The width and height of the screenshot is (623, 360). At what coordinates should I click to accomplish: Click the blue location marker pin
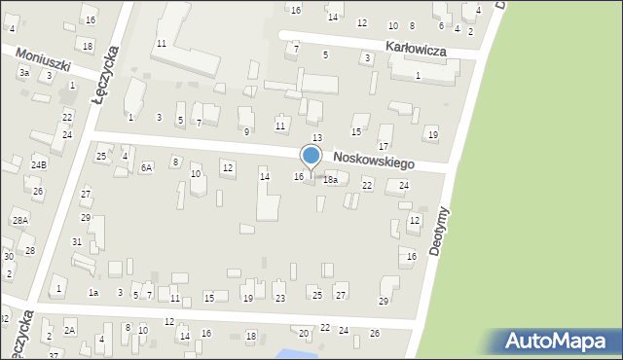tap(311, 156)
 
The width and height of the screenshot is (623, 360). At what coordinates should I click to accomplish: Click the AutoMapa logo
tap(559, 341)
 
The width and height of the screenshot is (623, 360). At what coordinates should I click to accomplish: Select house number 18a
tap(331, 180)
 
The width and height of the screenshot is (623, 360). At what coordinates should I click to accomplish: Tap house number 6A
tap(146, 167)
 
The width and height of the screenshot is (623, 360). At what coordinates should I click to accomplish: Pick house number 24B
tap(38, 165)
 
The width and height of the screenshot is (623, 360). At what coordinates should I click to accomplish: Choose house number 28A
tap(19, 221)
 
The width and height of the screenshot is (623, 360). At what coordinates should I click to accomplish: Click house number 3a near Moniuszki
tap(23, 73)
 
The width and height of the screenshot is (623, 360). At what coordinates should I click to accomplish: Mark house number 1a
tap(93, 292)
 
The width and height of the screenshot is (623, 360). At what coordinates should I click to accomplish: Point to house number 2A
tap(69, 331)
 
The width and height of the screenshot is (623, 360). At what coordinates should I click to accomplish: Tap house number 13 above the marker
tap(316, 138)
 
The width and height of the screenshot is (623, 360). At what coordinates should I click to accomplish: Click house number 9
tap(246, 132)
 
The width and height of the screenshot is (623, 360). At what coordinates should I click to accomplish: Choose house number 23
tap(280, 298)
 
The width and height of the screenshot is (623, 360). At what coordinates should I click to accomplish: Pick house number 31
tap(77, 241)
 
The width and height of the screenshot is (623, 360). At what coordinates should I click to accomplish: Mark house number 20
tap(304, 334)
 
